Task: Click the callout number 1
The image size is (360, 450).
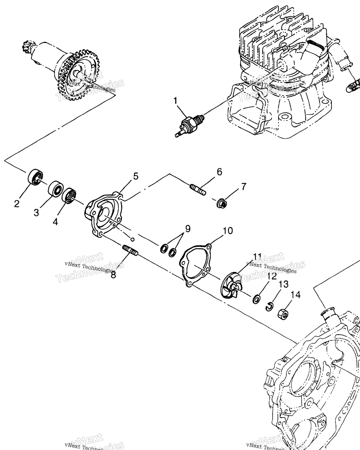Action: [x=175, y=101]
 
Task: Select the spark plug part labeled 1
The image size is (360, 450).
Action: [x=187, y=126]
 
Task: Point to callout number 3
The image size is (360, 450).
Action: [x=36, y=213]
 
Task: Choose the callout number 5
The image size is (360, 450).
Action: [x=135, y=176]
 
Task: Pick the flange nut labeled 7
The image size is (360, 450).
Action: [x=222, y=203]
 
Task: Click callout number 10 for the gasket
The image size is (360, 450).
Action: [x=228, y=231]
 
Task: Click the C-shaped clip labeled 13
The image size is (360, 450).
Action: [x=269, y=307]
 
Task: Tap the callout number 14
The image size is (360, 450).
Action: [x=296, y=295]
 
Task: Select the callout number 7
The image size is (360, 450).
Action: [x=244, y=186]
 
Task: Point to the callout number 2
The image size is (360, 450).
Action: [x=17, y=204]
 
